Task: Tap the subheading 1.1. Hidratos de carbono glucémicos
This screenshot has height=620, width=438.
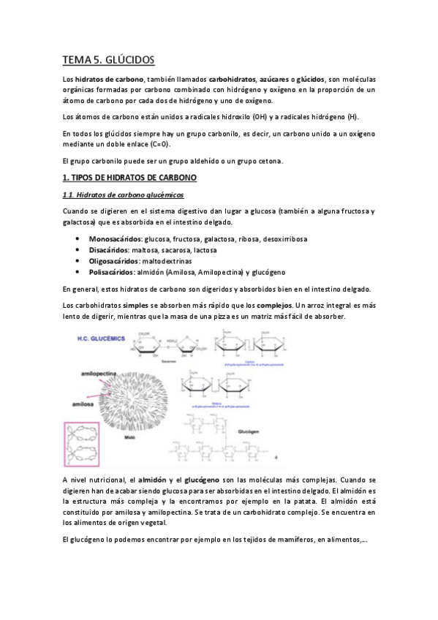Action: pyautogui.click(x=123, y=196)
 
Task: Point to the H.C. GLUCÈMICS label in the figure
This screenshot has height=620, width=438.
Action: pyautogui.click(x=102, y=339)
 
